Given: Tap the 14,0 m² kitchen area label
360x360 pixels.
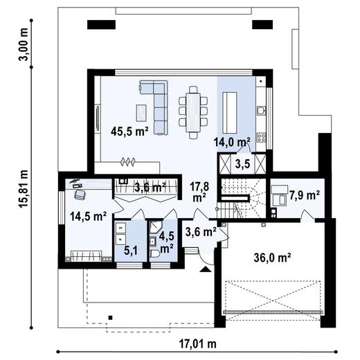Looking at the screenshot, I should [232, 143].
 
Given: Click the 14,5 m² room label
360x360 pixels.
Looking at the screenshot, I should [87, 217].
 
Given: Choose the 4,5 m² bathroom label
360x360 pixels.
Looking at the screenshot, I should [167, 242].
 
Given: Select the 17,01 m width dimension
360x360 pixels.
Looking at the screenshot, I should [199, 343].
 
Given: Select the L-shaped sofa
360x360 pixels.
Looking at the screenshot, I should [158, 104].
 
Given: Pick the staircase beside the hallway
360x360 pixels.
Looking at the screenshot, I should [242, 197].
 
